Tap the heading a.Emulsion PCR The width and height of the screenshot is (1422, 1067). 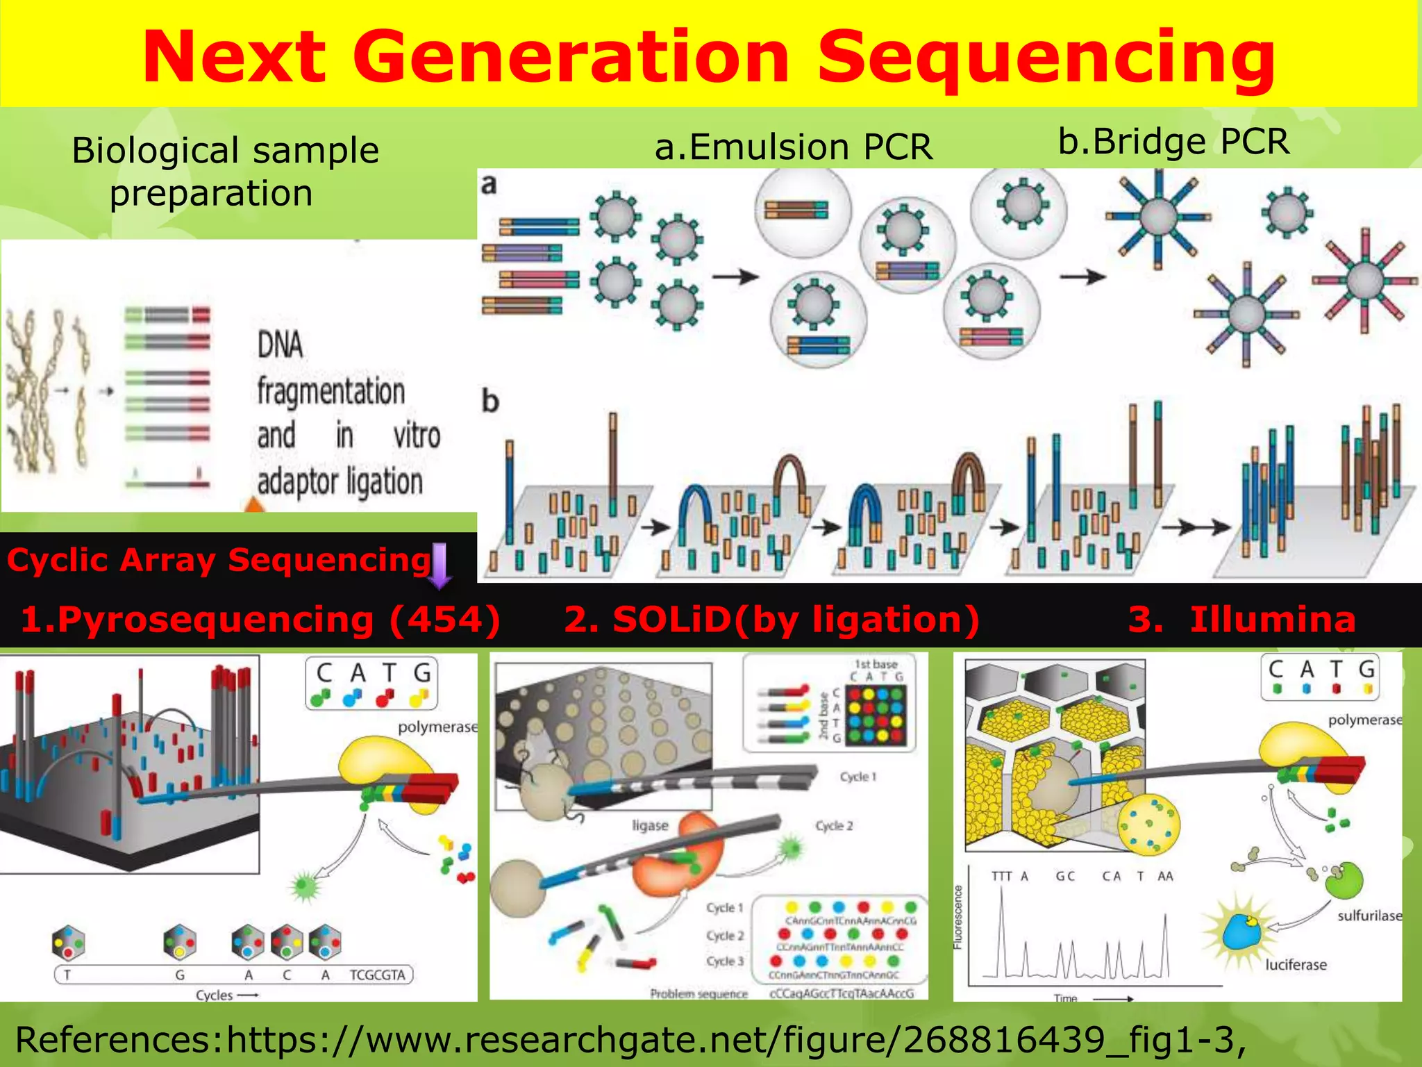[794, 147]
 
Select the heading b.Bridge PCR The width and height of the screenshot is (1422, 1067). [1173, 142]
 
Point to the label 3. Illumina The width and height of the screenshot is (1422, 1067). [1241, 619]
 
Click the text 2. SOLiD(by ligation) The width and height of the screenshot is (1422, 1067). [771, 619]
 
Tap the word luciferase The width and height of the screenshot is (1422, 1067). [1296, 965]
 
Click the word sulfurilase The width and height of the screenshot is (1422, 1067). [1369, 916]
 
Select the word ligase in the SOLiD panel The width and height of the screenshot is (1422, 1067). [650, 825]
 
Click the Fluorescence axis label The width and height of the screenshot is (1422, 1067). [958, 917]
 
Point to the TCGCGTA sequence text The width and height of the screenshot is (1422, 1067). [377, 975]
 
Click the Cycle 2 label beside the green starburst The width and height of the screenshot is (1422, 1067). [834, 826]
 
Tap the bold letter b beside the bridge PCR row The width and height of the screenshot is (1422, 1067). [490, 402]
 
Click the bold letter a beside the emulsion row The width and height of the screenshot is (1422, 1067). [489, 185]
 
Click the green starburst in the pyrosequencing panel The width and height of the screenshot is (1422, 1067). [304, 886]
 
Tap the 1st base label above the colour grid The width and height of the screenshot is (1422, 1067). [876, 664]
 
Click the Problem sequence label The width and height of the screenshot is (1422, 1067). [699, 994]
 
